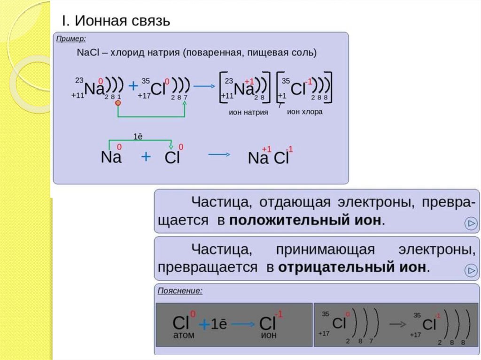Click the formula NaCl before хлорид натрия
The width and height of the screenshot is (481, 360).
[86, 53]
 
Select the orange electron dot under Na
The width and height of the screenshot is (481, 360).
[118, 102]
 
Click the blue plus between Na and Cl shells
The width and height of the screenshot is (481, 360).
[133, 85]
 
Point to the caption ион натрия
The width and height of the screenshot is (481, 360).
[248, 113]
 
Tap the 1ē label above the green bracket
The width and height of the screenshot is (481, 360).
[138, 137]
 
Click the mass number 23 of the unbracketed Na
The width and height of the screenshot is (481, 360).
[79, 80]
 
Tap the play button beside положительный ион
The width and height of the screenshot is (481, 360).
[470, 223]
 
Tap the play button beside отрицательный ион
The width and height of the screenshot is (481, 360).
[470, 270]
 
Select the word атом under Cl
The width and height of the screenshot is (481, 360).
[181, 335]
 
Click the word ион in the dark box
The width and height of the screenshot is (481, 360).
[269, 335]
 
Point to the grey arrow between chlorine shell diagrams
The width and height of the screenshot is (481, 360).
[398, 324]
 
